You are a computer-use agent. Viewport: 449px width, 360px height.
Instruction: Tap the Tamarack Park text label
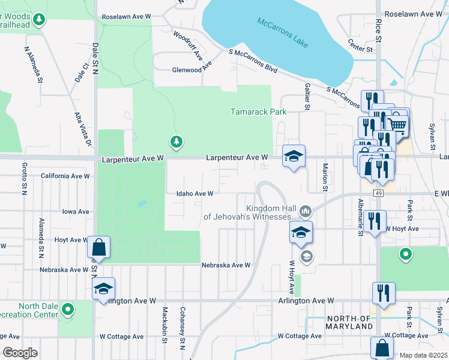(x=259, y=112)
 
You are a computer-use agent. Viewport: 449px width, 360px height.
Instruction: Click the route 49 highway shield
(x=378, y=193)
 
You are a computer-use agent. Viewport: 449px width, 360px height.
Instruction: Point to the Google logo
(x=19, y=353)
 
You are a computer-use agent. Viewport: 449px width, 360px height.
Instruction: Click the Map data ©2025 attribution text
(x=423, y=355)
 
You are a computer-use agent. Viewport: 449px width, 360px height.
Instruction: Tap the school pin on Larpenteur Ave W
(x=294, y=157)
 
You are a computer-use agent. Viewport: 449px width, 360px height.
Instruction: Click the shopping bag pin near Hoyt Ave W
(x=98, y=248)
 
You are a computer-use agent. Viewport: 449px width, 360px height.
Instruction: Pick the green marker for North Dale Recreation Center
(x=68, y=310)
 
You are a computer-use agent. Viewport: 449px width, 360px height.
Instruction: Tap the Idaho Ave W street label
(x=195, y=194)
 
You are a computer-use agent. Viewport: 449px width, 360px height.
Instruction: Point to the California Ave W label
(x=65, y=176)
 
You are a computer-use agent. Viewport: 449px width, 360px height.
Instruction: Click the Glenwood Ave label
(x=184, y=69)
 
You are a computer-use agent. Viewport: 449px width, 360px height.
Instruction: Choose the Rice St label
(x=378, y=29)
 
